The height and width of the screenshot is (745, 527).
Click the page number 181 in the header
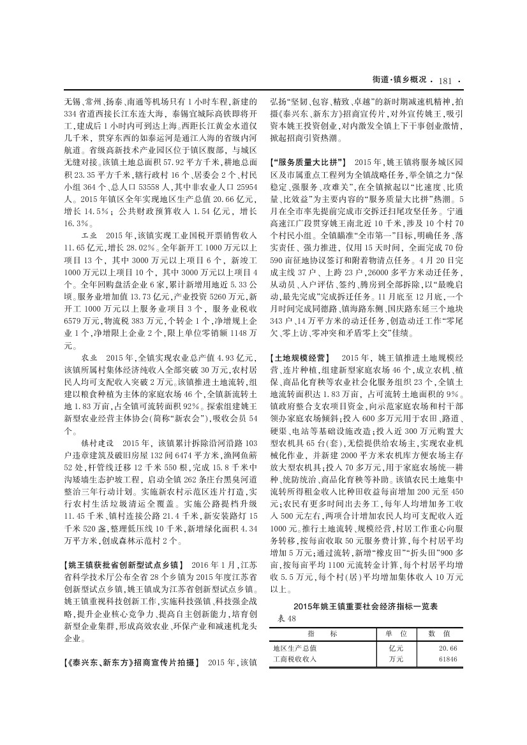pos(445,80)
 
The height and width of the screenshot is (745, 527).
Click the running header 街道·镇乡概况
pos(399,80)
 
